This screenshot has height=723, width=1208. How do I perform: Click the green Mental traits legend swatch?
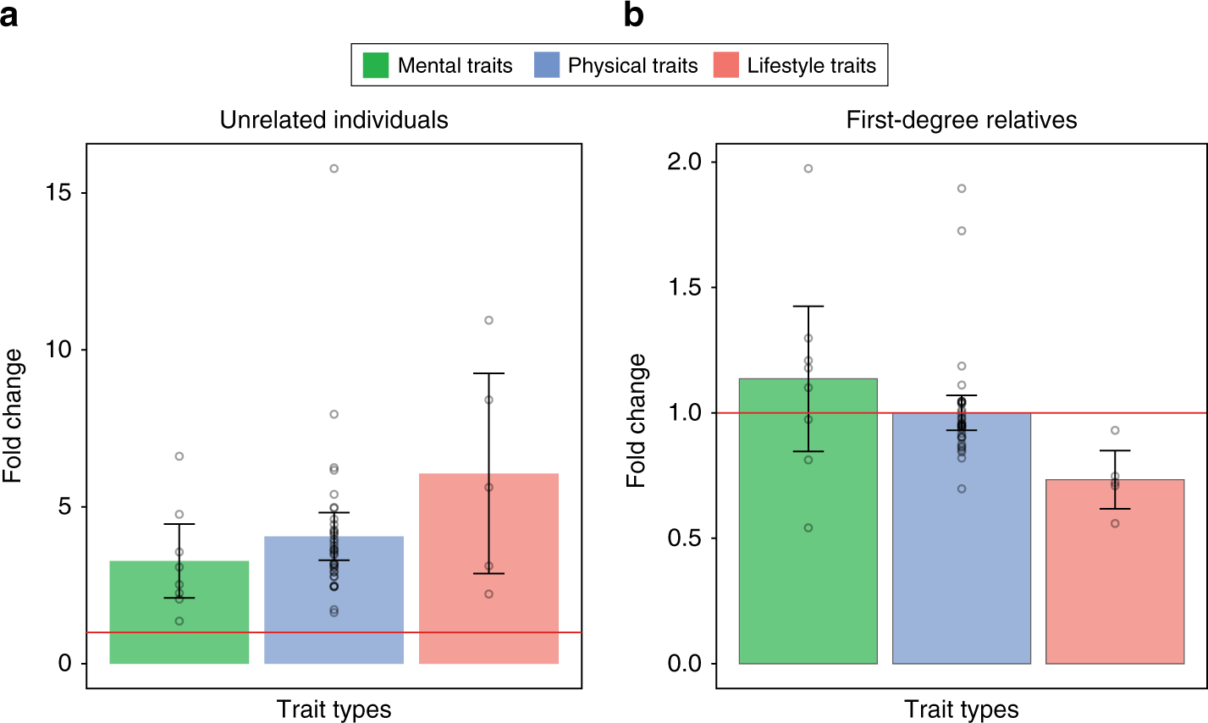pos(376,66)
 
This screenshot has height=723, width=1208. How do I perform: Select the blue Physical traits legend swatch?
pos(547,66)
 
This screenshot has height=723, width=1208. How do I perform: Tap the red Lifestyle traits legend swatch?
pos(726,66)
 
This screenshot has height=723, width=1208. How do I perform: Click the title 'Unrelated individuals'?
pos(334,120)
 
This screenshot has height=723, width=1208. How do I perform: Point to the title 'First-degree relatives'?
pos(961,120)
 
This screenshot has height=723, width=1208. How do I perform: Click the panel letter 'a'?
pos(9,16)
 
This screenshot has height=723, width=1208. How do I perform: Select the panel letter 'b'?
pos(633,14)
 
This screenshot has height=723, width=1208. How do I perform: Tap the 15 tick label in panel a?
pos(59,193)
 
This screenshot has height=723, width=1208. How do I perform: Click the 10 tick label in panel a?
pos(59,350)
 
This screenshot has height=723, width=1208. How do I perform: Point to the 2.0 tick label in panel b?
pos(686,162)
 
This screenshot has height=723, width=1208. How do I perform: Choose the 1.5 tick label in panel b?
pos(686,288)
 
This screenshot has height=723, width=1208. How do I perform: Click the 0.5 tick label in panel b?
pos(686,538)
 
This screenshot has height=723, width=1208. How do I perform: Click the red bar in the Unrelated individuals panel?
pos(488,593)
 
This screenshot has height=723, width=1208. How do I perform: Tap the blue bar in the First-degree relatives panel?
pos(962,550)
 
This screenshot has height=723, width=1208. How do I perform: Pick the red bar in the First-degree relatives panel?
pos(1115,584)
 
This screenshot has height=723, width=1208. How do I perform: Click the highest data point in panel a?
pos(334,168)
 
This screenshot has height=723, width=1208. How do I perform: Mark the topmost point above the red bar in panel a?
pos(488,320)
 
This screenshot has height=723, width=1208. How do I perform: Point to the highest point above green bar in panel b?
pos(808,168)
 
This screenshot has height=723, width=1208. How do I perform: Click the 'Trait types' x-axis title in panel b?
pos(961,709)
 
